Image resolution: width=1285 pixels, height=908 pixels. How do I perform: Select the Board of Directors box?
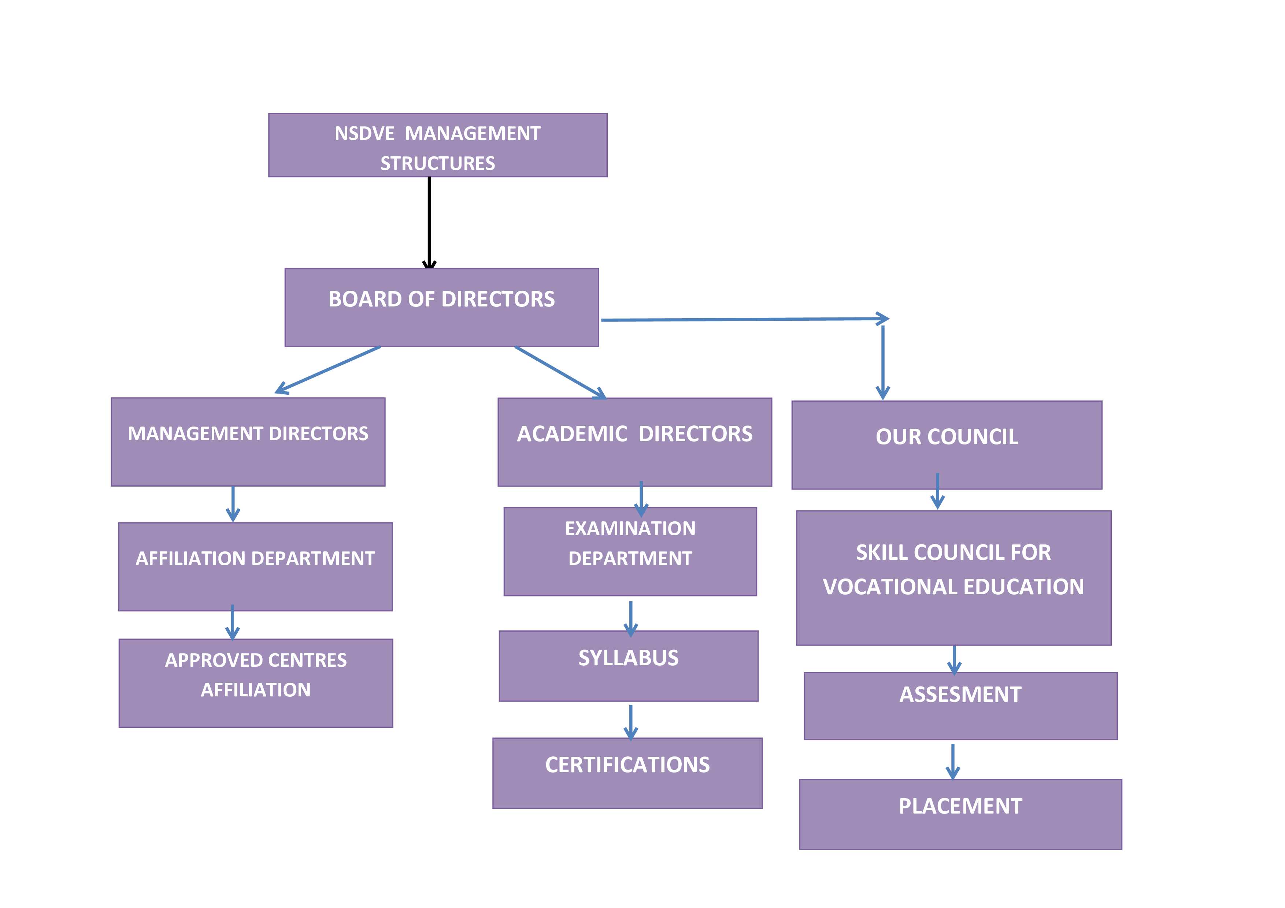(441, 307)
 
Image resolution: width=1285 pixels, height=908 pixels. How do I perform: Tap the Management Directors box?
(248, 442)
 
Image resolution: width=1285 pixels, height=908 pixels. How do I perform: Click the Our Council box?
(947, 445)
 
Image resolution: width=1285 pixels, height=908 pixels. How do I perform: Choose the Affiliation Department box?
(255, 566)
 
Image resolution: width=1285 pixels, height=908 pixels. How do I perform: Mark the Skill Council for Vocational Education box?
(953, 577)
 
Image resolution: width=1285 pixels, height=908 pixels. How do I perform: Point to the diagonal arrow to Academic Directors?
(560, 372)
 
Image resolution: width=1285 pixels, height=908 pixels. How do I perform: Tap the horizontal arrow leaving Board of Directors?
(744, 320)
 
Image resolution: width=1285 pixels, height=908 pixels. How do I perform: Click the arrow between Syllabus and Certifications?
(631, 721)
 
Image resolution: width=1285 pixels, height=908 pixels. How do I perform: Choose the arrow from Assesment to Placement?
(952, 761)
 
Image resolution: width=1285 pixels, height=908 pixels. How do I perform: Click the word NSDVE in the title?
(364, 134)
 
